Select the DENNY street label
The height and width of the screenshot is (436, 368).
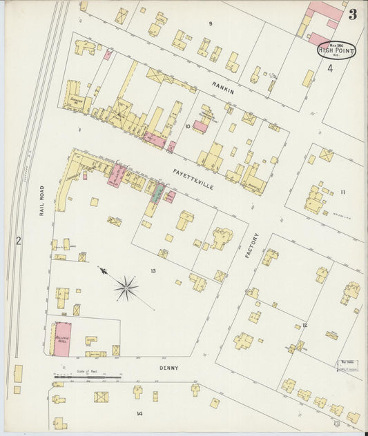tap(168, 368)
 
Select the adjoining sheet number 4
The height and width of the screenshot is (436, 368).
tap(330, 68)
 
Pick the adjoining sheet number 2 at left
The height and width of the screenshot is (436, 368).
tap(19, 240)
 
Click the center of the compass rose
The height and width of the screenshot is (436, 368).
tap(126, 288)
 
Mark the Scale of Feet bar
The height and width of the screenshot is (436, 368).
tap(87, 377)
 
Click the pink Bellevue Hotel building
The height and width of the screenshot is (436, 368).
tap(62, 339)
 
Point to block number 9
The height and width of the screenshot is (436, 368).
tap(211, 23)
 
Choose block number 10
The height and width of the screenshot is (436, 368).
tap(187, 126)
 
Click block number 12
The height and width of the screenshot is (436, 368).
tap(304, 324)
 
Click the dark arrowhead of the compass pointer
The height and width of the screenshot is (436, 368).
tap(102, 271)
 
